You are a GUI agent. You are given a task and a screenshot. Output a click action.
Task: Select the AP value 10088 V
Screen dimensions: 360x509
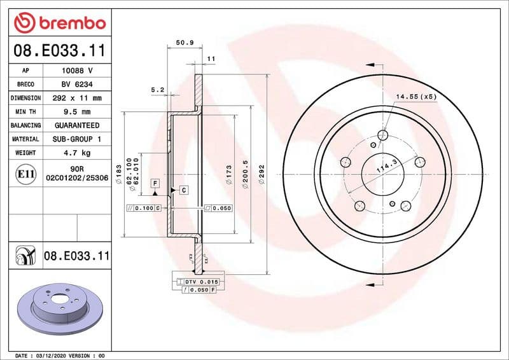(x=77, y=71)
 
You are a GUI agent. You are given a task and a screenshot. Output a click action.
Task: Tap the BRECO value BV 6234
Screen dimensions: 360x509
(x=77, y=85)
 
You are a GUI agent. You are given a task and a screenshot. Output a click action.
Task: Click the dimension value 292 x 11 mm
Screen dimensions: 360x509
(x=77, y=99)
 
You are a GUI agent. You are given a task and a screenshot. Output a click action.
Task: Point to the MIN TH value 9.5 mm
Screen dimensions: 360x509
(x=77, y=112)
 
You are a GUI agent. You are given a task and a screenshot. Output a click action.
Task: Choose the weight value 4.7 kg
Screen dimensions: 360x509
(x=77, y=153)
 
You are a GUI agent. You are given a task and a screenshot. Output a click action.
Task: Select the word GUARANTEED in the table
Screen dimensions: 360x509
(x=77, y=126)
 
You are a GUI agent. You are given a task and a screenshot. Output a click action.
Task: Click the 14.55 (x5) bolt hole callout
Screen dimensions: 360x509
(x=416, y=97)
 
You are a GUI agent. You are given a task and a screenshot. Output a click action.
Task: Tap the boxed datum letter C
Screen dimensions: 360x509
(x=183, y=190)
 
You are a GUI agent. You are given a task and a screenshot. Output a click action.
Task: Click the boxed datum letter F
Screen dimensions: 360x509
(x=155, y=183)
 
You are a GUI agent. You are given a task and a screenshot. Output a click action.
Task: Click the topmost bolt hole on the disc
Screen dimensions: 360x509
(x=382, y=135)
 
